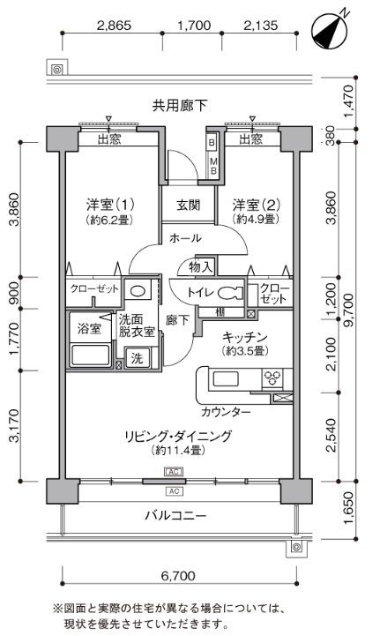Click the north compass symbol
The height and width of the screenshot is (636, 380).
329,30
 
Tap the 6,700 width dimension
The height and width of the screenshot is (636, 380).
178,575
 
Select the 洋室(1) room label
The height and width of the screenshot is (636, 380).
110,205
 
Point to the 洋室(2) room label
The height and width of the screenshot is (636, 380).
257,205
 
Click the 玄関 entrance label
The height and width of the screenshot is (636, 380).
188,205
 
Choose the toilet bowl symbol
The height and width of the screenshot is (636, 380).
230,293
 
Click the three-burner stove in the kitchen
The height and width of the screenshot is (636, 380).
272,378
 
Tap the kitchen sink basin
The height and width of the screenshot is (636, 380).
226,379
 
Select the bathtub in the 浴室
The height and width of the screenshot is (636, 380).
90,355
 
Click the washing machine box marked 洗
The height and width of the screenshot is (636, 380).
138,358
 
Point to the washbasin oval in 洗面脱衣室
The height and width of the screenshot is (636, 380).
138,291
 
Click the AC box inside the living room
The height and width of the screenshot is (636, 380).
174,472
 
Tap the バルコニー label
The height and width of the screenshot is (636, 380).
176,515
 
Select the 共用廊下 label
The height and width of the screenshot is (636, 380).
180,106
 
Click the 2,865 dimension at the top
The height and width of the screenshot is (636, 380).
115,26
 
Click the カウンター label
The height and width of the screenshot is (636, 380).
226,412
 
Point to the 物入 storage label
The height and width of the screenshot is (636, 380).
200,267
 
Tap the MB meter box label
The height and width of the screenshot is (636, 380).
213,167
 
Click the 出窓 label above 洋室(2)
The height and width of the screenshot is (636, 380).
250,140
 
